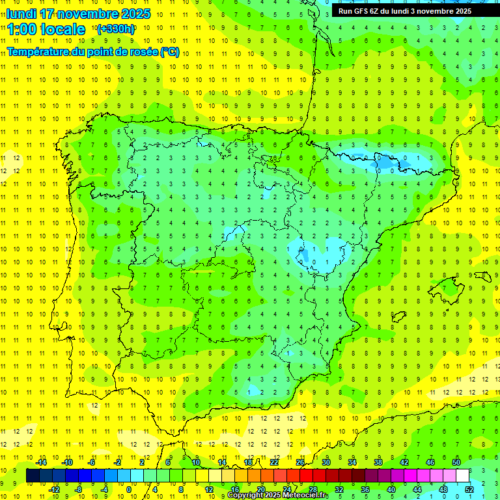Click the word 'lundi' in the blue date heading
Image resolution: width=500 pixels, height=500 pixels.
click(21, 14)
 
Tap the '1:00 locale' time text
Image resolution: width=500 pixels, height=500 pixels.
click(46, 29)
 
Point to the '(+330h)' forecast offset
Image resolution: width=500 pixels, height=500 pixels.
click(115, 29)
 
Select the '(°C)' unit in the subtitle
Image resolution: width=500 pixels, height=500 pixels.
click(170, 52)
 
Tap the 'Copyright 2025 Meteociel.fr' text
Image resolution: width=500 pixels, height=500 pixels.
click(277, 495)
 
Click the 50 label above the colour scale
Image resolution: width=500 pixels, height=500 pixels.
click(456, 462)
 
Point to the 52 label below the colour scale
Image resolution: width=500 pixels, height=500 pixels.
click(469, 490)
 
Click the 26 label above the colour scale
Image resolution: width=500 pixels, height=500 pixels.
click(299, 462)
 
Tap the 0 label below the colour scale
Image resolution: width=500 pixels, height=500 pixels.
click(129, 490)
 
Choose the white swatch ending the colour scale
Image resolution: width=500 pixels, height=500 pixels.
click(462, 476)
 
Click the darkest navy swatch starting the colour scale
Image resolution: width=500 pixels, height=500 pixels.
click(33, 476)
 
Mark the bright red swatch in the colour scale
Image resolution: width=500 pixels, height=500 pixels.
click(306, 476)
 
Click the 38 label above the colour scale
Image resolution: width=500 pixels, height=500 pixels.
click(378, 462)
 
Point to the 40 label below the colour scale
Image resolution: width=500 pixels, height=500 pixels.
click(391, 490)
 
